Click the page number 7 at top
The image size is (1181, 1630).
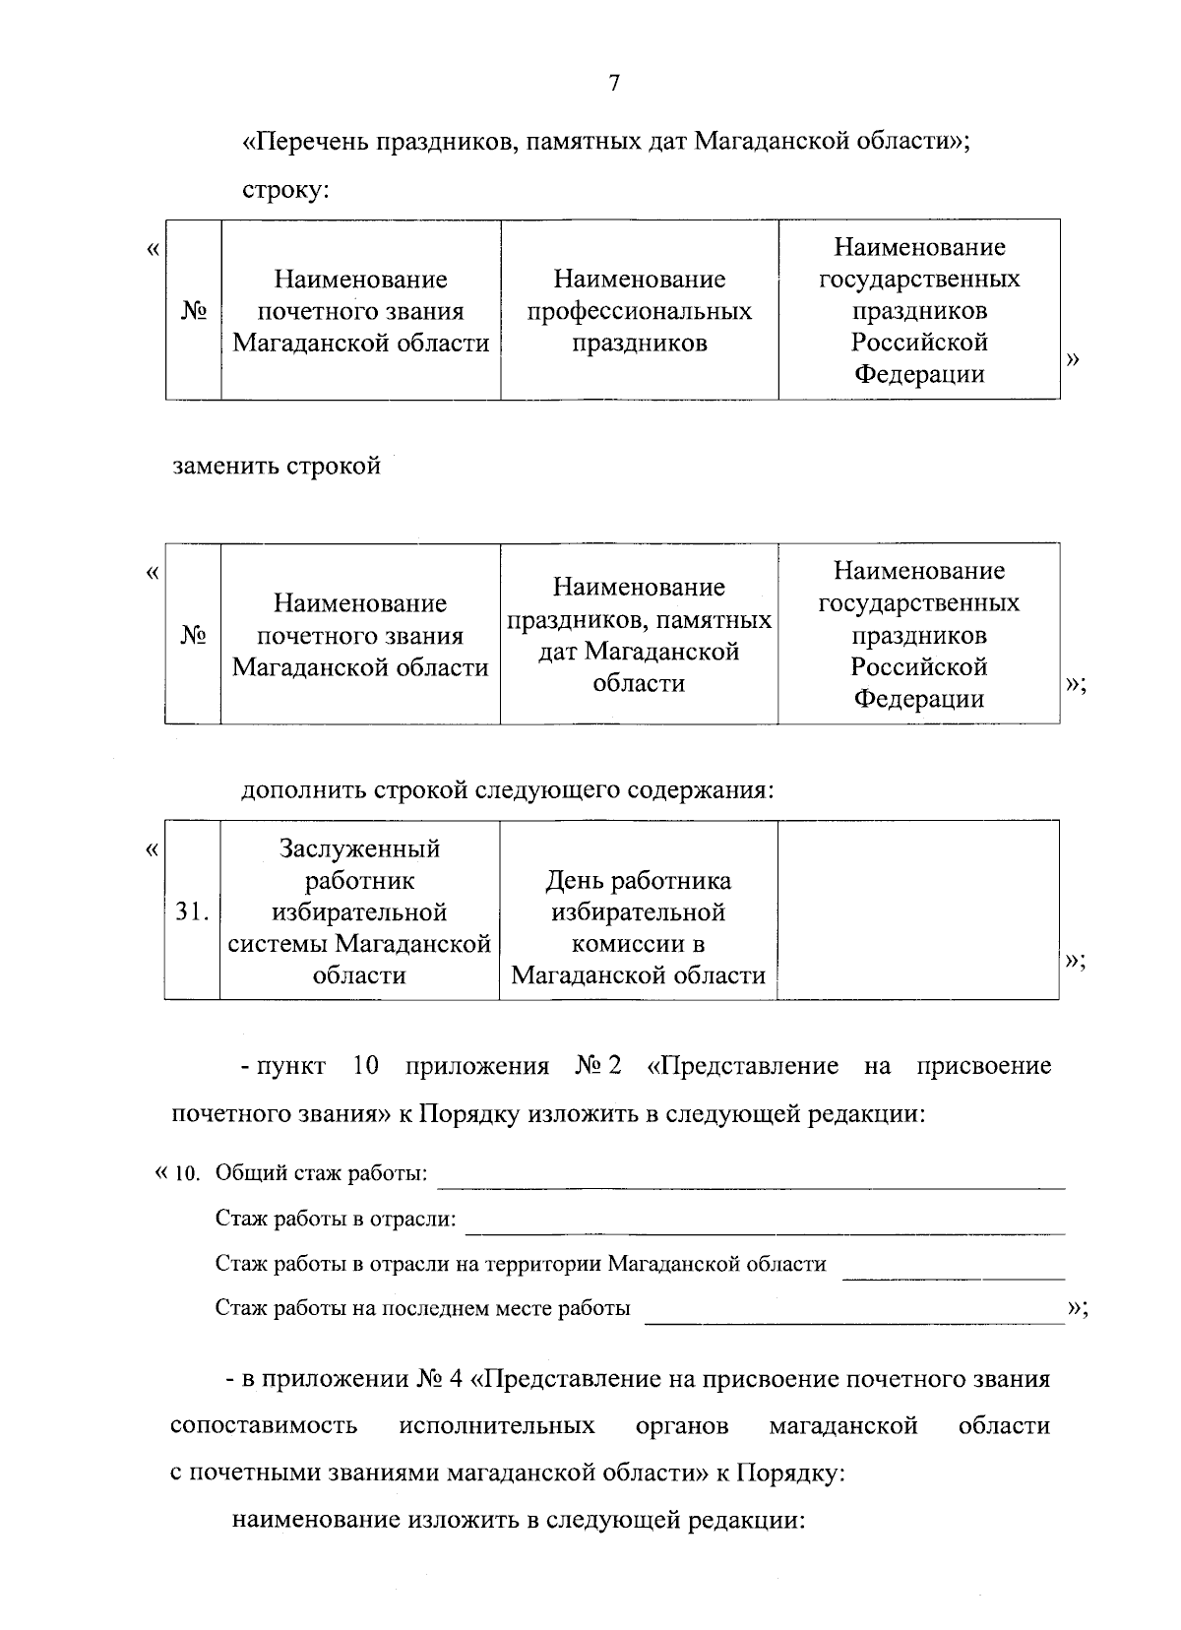[613, 84]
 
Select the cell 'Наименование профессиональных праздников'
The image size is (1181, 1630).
[639, 311]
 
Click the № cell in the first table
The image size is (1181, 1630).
[193, 311]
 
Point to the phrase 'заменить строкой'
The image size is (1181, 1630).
[277, 466]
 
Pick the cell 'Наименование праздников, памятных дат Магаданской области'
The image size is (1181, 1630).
[639, 635]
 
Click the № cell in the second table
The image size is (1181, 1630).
[193, 635]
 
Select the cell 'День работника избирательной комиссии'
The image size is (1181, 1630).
[639, 927]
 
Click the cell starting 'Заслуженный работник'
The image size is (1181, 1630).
[359, 911]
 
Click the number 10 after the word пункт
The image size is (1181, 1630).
[365, 1066]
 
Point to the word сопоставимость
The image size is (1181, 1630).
[264, 1425]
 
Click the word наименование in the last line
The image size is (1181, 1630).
[316, 1520]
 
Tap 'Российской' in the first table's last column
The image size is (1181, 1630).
[918, 343]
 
